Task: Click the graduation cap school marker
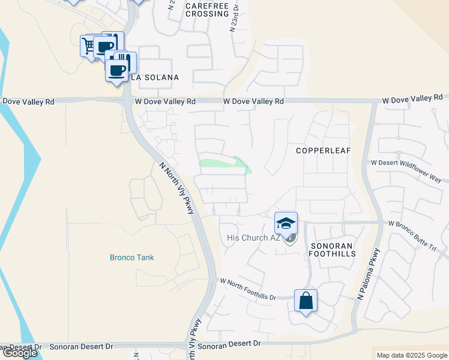click(x=286, y=223)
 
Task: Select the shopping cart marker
click(x=89, y=46)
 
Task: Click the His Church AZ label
click(x=254, y=238)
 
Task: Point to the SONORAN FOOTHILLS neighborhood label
click(x=333, y=250)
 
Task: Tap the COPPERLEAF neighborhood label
click(x=323, y=151)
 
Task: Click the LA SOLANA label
click(x=155, y=77)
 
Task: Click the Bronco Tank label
click(x=131, y=257)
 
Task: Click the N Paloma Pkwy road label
click(x=368, y=274)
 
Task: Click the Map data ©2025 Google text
click(x=411, y=355)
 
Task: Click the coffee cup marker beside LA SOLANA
click(x=116, y=71)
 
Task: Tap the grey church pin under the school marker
click(x=290, y=238)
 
